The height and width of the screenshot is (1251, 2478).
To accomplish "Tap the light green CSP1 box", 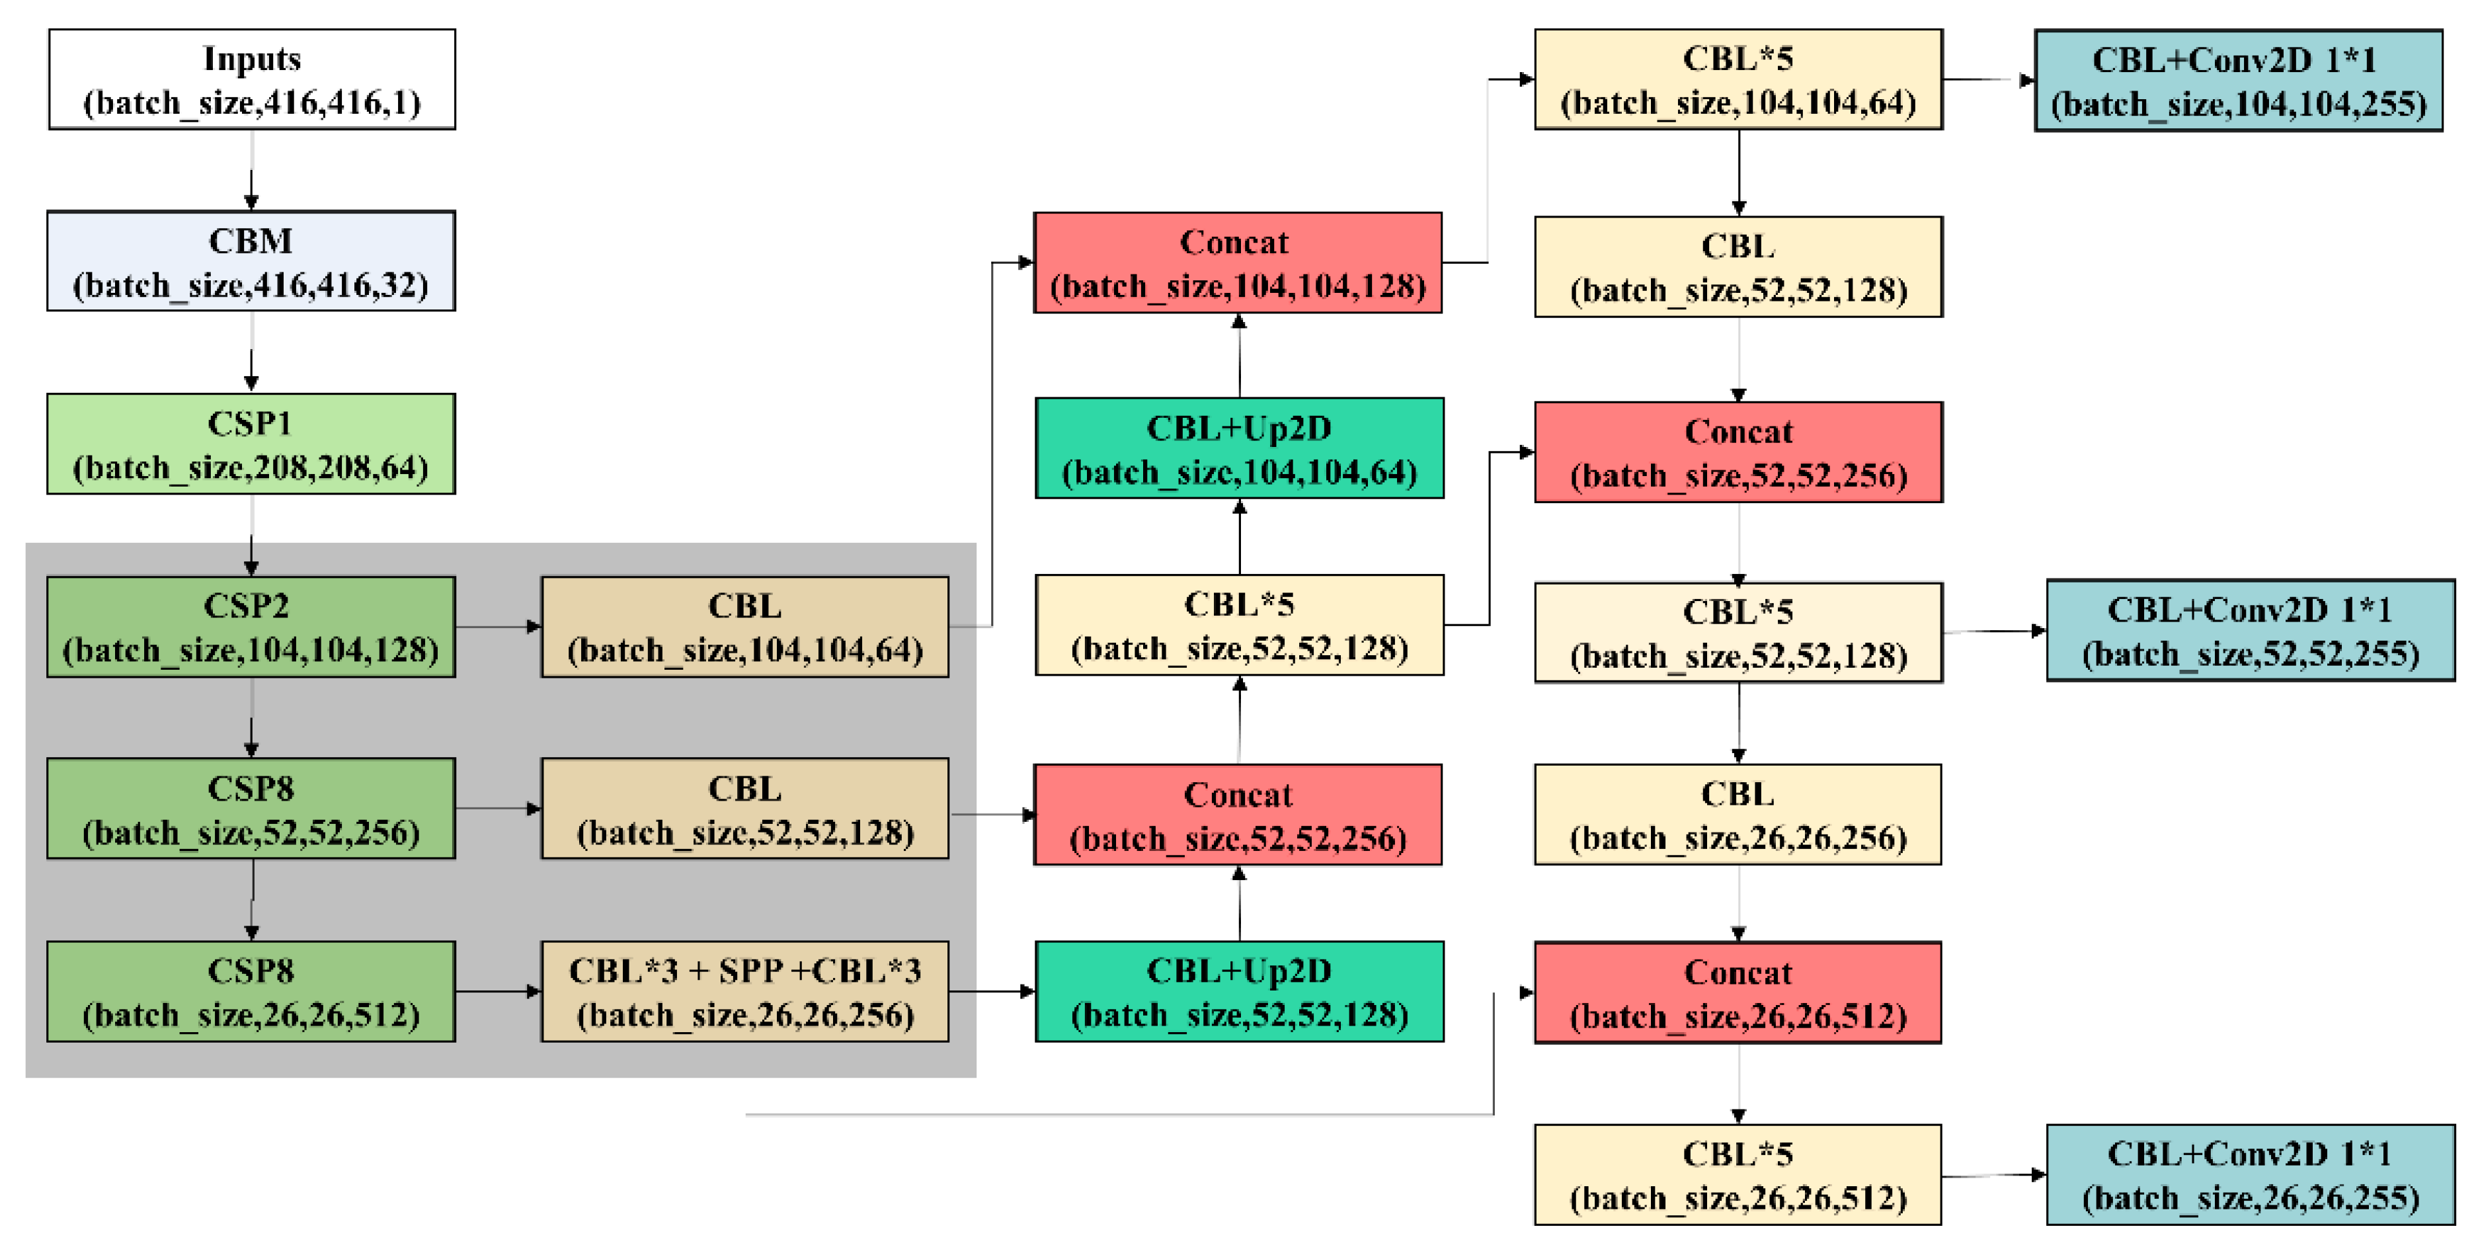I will pos(251,444).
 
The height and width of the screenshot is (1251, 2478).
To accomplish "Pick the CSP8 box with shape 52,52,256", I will pos(251,809).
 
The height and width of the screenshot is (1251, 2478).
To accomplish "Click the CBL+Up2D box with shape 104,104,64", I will pos(1239,448).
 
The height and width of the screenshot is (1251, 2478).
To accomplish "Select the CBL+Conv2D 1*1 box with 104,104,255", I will pos(2237,80).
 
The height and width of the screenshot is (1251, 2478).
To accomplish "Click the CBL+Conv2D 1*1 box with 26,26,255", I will pos(2249,1174).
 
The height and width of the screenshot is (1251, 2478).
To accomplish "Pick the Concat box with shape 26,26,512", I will pos(1738,992).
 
